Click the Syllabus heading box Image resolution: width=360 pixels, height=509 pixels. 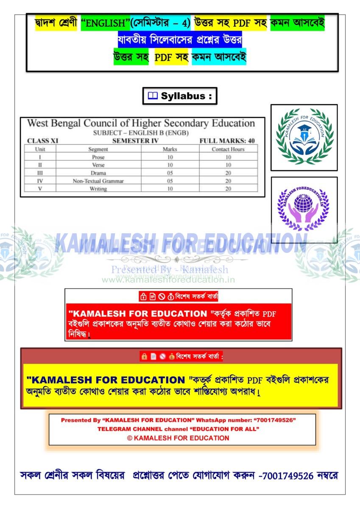(x=180, y=96)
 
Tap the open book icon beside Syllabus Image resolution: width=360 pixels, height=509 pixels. (x=152, y=96)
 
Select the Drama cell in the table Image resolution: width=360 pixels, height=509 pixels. (x=98, y=173)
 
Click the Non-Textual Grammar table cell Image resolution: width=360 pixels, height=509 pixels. (x=98, y=181)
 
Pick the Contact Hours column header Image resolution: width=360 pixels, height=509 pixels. (x=228, y=149)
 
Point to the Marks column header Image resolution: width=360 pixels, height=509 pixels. (x=170, y=149)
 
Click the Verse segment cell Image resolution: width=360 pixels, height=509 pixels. (x=98, y=165)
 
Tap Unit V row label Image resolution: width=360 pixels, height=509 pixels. (x=40, y=189)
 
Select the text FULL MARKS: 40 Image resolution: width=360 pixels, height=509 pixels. (x=227, y=141)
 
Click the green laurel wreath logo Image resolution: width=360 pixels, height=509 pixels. (x=304, y=137)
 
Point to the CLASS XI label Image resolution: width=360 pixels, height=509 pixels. (x=42, y=141)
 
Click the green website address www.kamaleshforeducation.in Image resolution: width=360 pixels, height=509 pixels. (x=168, y=280)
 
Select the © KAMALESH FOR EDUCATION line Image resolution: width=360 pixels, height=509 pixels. (x=178, y=438)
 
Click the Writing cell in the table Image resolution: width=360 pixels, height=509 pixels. (x=98, y=189)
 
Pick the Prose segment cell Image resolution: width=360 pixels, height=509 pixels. (x=98, y=157)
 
